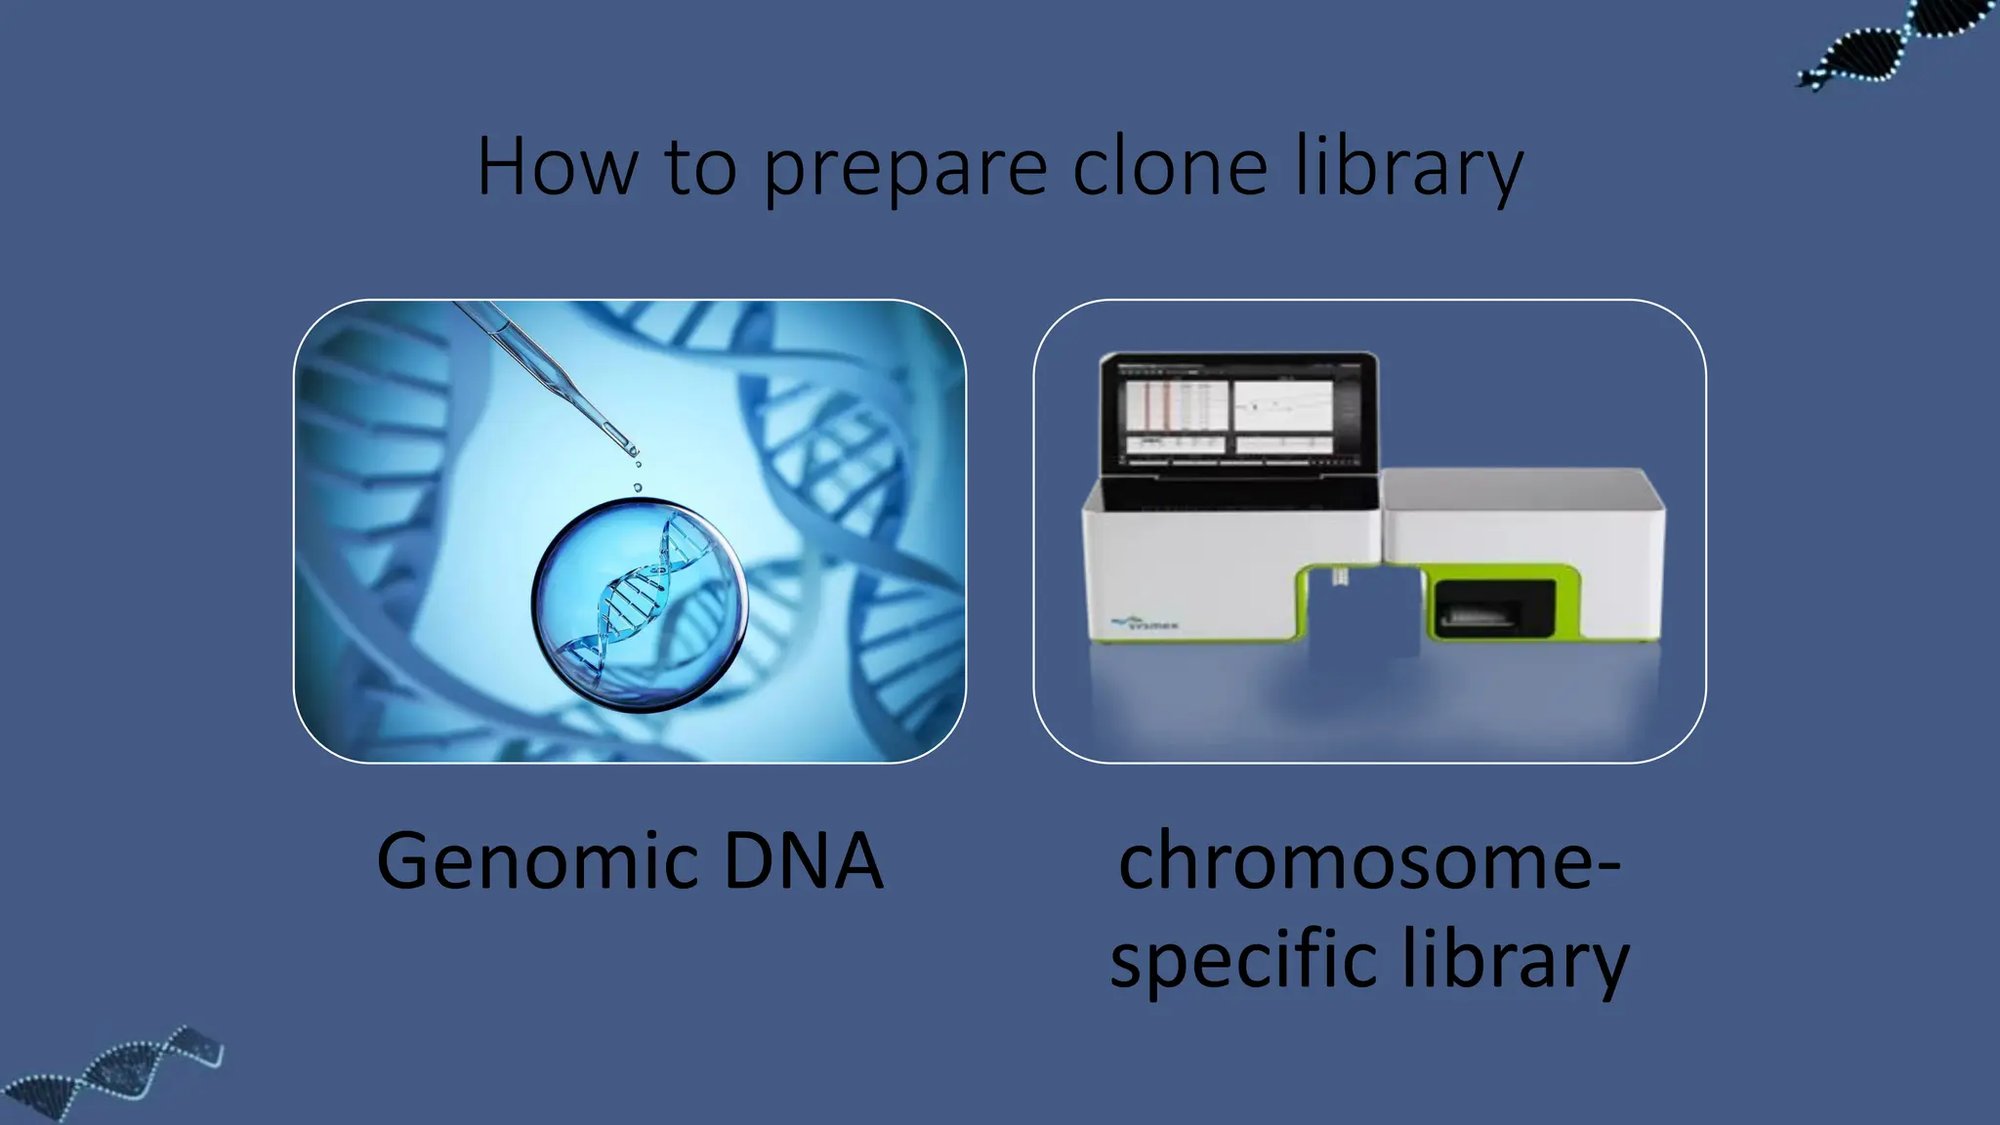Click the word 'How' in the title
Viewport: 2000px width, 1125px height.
pos(557,167)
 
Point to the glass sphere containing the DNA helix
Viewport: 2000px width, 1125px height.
pos(640,605)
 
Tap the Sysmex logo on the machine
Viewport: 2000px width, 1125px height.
pos(1146,622)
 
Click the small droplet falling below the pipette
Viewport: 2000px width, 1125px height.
pos(638,486)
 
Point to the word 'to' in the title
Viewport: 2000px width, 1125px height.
pos(700,167)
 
